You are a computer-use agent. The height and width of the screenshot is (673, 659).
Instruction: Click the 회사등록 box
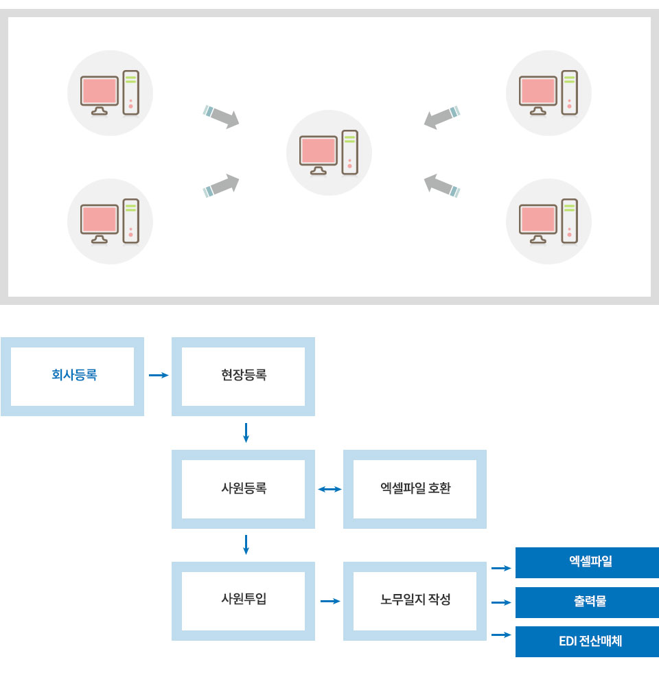(73, 376)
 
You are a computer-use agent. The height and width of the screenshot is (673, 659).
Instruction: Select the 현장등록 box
(243, 376)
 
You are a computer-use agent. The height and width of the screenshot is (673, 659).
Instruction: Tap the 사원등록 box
(243, 489)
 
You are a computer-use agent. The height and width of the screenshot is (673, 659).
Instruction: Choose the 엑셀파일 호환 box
(415, 489)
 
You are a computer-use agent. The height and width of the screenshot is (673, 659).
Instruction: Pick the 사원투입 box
(243, 601)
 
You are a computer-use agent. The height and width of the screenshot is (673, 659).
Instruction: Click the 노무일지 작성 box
(415, 601)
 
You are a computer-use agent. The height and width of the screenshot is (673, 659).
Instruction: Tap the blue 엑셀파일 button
(588, 562)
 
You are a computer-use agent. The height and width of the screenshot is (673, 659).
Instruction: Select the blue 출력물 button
(588, 603)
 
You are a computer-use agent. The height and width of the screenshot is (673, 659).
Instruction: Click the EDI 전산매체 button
(588, 641)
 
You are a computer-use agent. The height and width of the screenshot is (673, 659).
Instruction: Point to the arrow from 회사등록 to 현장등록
(159, 375)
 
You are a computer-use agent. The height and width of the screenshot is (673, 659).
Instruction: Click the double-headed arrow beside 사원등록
(329, 489)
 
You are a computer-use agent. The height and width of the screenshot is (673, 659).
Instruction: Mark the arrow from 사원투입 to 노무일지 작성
(330, 601)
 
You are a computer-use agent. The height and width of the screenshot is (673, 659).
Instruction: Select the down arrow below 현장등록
(246, 433)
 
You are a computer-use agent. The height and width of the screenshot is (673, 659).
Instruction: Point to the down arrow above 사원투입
(246, 545)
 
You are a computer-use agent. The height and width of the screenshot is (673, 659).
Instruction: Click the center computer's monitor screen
(319, 150)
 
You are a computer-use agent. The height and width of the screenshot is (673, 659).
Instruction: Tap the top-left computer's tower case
(131, 93)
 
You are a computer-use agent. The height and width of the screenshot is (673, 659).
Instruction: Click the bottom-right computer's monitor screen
(538, 219)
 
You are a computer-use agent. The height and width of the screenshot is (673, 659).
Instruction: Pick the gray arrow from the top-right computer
(442, 117)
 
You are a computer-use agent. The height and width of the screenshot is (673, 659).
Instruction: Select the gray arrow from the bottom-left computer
(221, 185)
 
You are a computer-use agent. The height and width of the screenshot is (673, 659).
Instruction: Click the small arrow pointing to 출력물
(501, 603)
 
